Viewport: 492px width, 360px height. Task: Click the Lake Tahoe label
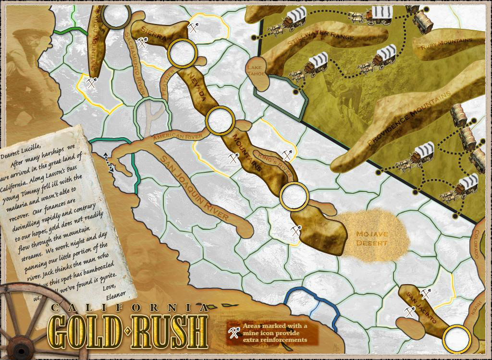click(254, 71)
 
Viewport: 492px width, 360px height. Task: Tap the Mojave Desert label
click(372, 239)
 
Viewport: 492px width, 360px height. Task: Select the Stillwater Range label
click(320, 41)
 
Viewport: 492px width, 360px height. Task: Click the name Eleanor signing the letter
click(114, 293)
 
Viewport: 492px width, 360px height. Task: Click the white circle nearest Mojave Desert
click(294, 196)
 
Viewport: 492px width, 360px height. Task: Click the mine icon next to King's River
click(287, 155)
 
